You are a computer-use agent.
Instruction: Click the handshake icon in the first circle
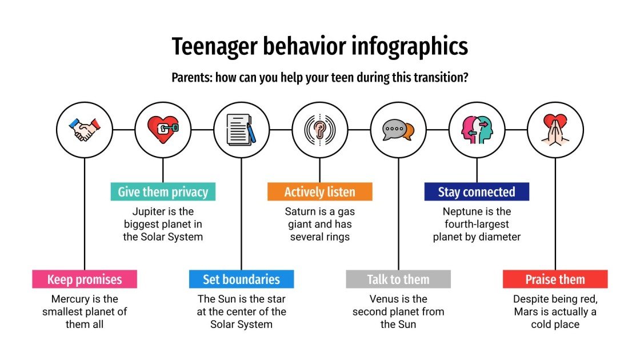pos(85,130)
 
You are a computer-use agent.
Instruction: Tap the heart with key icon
pos(163,130)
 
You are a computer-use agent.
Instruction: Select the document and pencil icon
pos(241,130)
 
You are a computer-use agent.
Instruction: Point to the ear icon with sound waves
pos(319,130)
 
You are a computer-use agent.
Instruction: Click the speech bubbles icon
pos(398,130)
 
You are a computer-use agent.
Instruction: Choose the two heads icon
pos(477,130)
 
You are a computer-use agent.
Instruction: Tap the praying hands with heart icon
pos(555,130)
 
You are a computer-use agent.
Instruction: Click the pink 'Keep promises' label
pos(85,279)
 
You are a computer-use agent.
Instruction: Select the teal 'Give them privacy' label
pos(163,192)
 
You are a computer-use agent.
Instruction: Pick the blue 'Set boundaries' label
pos(241,279)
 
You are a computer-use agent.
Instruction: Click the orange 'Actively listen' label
pos(319,192)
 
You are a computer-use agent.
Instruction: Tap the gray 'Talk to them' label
pos(398,279)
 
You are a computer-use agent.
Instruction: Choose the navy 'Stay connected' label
pos(477,192)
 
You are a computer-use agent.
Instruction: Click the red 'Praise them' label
pos(555,279)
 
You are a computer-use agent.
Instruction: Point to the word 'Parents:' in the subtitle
pos(191,78)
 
